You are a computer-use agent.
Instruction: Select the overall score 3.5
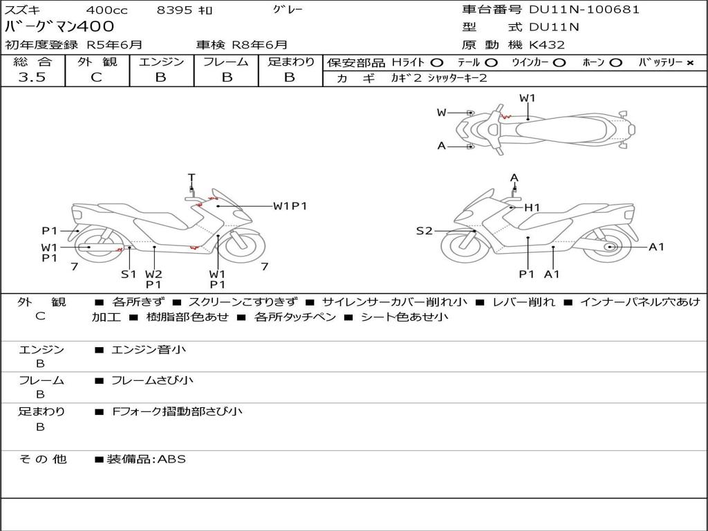[32, 77]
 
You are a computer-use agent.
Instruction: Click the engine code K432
[547, 45]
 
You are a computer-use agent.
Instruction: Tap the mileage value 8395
[174, 10]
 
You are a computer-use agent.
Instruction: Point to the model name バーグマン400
[59, 27]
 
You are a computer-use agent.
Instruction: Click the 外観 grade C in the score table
[97, 77]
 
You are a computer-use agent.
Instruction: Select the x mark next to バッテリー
[690, 62]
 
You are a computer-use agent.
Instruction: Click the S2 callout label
[424, 231]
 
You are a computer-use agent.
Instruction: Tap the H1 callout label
[532, 207]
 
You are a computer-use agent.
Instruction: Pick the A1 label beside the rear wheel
[656, 247]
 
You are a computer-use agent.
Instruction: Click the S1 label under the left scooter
[129, 274]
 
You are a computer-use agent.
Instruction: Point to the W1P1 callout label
[290, 205]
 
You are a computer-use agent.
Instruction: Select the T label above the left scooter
[192, 177]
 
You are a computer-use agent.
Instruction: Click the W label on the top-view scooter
[441, 113]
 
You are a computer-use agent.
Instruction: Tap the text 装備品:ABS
[146, 459]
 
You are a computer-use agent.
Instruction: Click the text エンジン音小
[149, 350]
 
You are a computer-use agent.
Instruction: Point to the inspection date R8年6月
[259, 45]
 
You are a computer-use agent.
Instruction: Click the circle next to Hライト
[436, 62]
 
